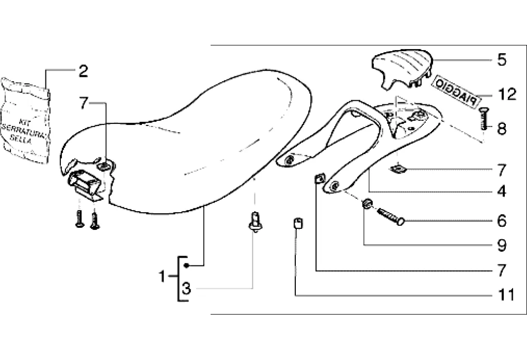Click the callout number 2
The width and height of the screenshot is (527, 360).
point(83,71)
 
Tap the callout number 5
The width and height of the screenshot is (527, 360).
point(502,60)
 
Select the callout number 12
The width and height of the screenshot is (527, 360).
point(507,95)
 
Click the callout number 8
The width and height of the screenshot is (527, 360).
point(502,128)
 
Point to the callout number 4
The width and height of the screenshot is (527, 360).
point(502,192)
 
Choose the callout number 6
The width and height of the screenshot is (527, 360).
point(502,222)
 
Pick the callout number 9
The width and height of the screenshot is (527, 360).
point(502,244)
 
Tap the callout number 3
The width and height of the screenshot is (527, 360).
point(186,289)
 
